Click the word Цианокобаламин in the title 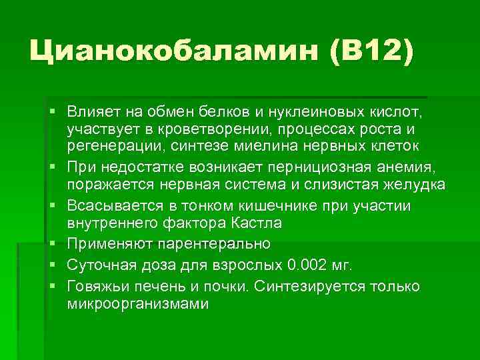tap(174, 51)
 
